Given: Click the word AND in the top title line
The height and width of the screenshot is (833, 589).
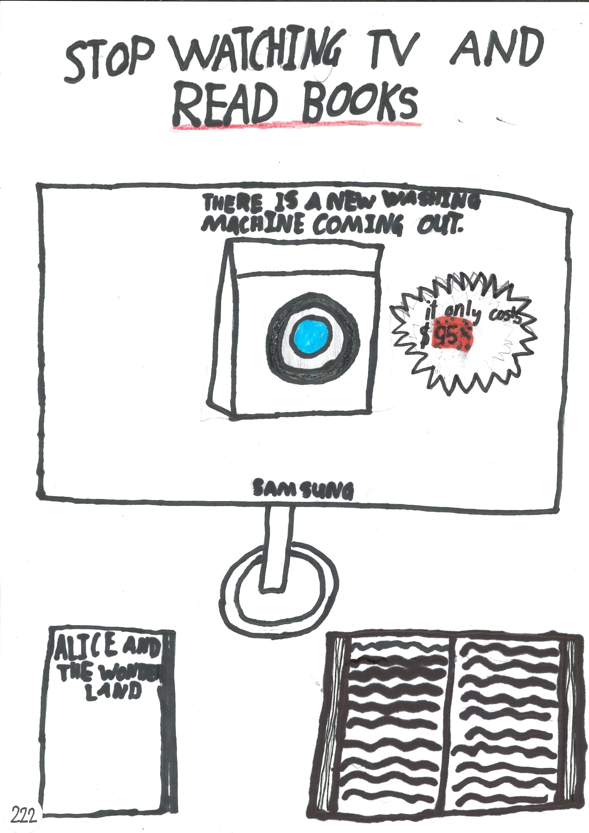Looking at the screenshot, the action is (497, 49).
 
